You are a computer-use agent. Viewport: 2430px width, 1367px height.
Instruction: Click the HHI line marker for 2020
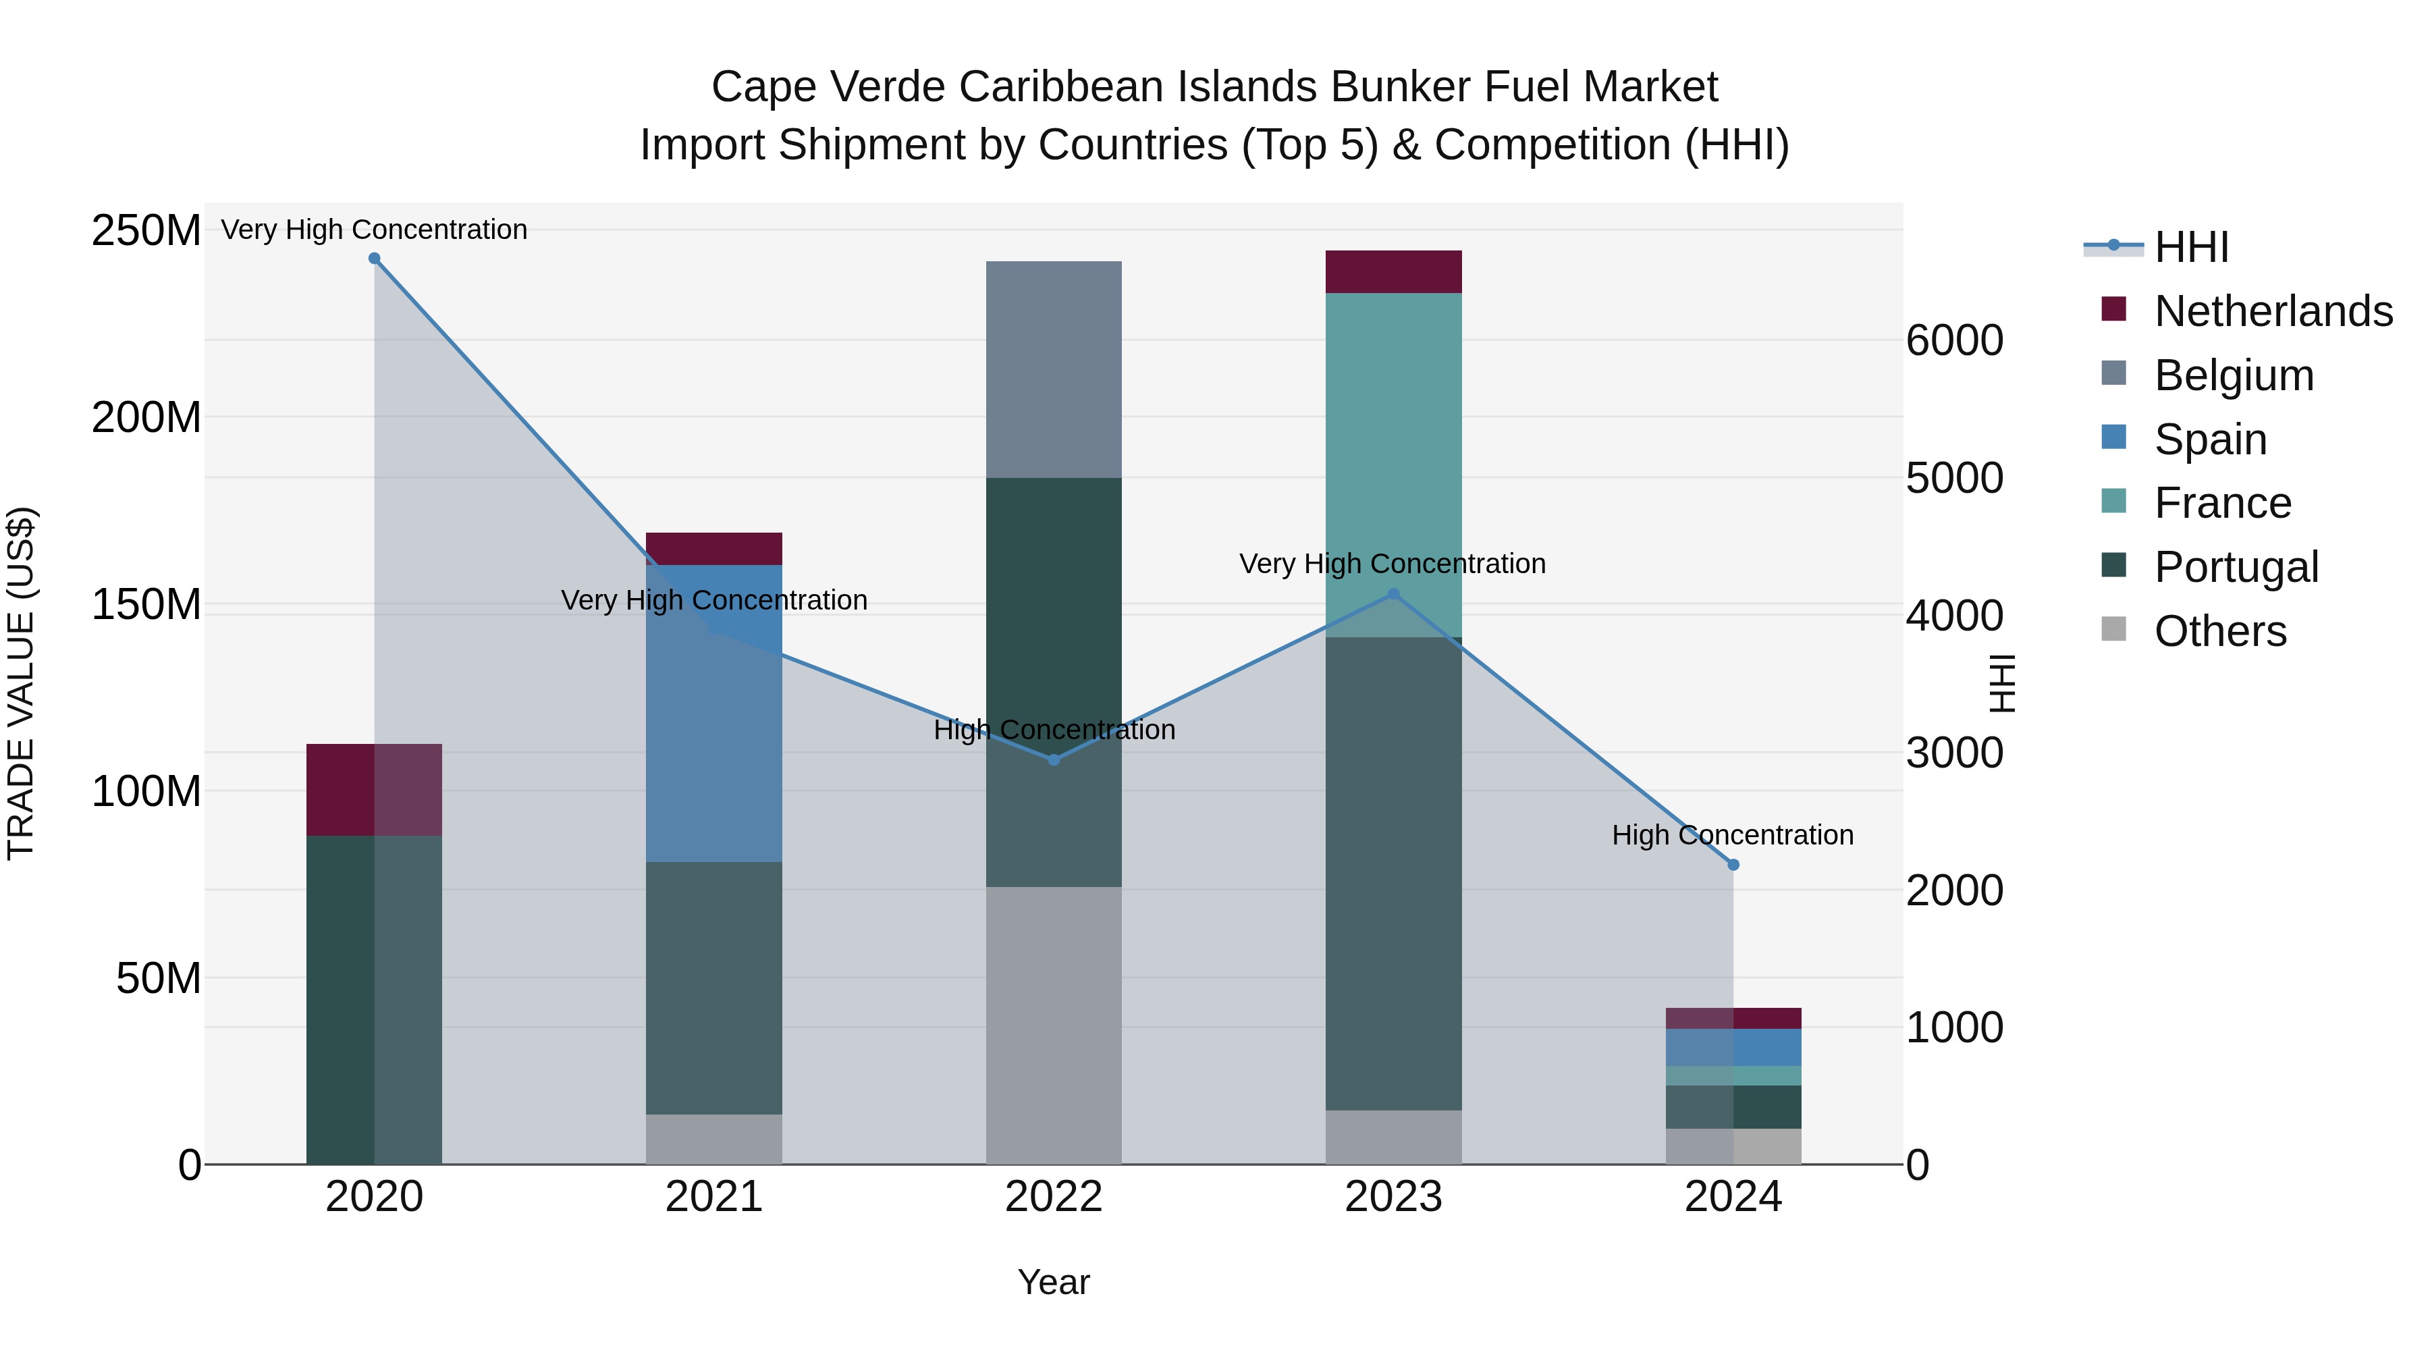click(x=375, y=259)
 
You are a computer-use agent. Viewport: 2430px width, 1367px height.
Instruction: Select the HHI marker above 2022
click(x=1054, y=759)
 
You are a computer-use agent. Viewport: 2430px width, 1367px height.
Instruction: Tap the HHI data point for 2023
click(x=1393, y=594)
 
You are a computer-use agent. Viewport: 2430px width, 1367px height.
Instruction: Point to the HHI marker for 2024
click(x=1733, y=864)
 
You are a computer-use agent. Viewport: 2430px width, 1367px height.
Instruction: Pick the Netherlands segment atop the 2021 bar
click(x=714, y=549)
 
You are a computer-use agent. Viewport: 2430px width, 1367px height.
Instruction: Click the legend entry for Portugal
click(x=2236, y=567)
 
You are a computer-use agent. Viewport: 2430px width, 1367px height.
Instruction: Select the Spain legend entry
click(x=2210, y=439)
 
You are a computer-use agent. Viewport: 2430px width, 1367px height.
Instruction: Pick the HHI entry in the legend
click(x=2190, y=247)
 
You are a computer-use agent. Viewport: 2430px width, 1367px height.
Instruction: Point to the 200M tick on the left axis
click(x=146, y=417)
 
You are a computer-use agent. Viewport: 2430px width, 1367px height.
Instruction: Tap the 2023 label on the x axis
click(x=1393, y=1197)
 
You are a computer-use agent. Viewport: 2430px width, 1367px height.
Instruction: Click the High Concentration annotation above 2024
click(x=1733, y=835)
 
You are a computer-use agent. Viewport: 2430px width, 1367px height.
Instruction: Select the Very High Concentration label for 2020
click(x=375, y=230)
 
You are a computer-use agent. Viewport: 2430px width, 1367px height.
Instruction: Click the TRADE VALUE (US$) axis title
click(x=21, y=683)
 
